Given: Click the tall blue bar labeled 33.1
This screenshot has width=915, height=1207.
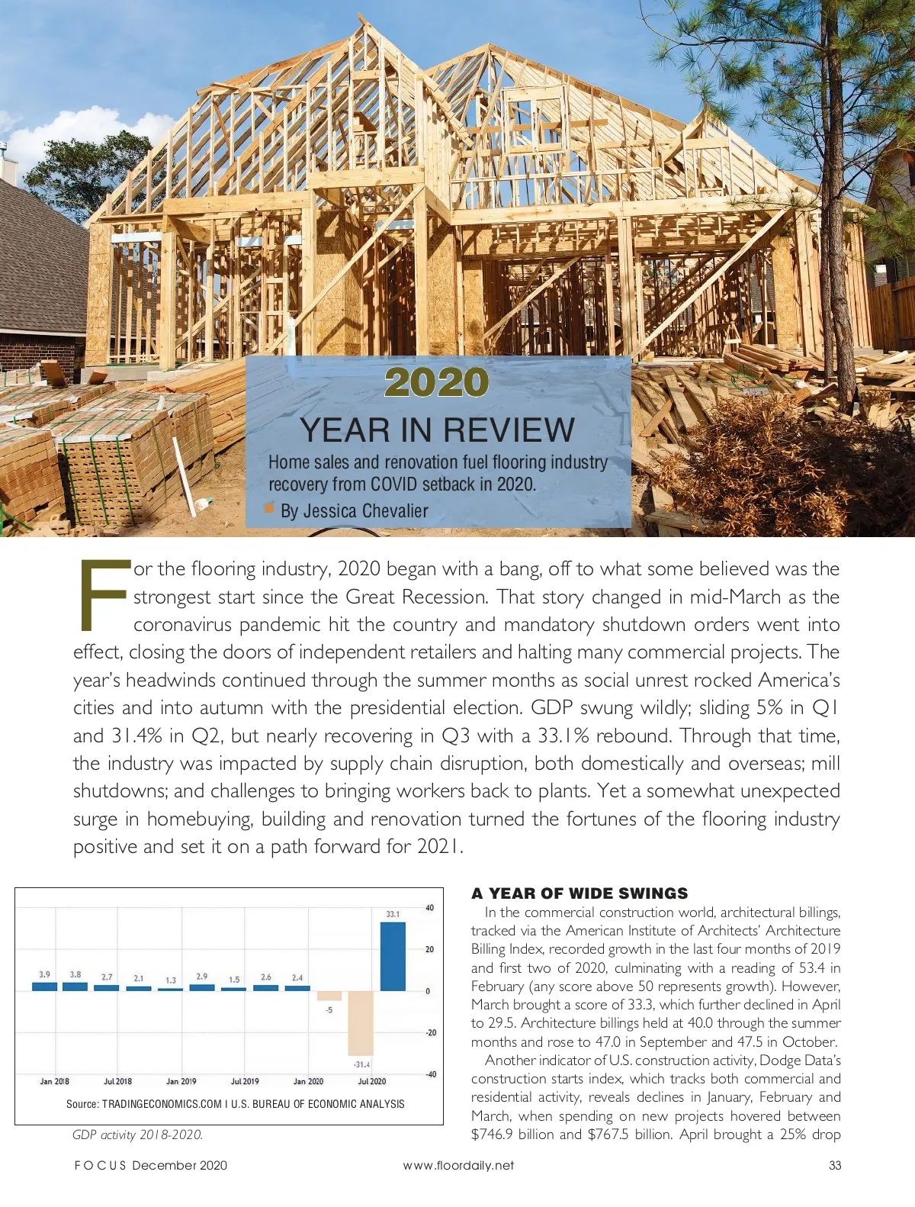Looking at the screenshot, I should tap(393, 957).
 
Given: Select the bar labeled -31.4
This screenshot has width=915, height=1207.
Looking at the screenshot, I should tap(361, 1022).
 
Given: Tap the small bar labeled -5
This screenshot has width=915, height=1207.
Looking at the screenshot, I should tap(329, 996).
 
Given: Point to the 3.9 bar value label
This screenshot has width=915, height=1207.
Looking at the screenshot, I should tap(45, 974).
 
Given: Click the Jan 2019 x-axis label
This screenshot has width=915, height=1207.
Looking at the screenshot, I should tap(181, 1081).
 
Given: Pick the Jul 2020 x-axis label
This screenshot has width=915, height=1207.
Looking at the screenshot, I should tap(372, 1081).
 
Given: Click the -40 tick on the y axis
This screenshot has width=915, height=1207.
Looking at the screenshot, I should tap(430, 1074).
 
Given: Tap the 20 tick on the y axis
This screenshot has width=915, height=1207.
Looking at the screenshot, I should tap(430, 950).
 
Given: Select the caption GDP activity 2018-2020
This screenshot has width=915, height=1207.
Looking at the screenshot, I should tap(137, 1135).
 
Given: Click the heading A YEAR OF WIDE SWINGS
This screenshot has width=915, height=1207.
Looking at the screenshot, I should tap(579, 893).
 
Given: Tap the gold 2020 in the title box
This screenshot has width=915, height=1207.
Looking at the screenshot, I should tap(436, 382).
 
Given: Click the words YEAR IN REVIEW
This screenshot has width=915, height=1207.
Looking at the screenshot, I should tap(437, 430).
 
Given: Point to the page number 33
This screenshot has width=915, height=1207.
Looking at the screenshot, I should tap(835, 1165).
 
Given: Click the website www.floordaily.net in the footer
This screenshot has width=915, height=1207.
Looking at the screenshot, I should tap(458, 1165).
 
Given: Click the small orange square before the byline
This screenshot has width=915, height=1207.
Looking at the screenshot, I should tap(268, 508).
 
